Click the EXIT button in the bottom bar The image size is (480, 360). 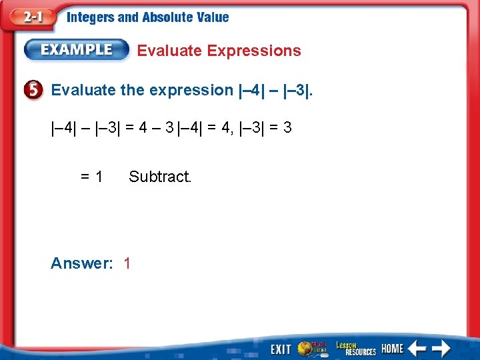pos(280,349)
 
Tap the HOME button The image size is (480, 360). pos(392,349)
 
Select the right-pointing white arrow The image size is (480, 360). pos(441,348)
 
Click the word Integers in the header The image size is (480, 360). pos(91,18)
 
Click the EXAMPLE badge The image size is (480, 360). pos(77,49)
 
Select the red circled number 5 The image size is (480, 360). pos(36,90)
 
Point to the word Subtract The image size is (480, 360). pos(160,177)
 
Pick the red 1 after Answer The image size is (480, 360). pos(127,263)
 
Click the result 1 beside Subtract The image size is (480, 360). pos(99,177)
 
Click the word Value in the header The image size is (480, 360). pos(213,18)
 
